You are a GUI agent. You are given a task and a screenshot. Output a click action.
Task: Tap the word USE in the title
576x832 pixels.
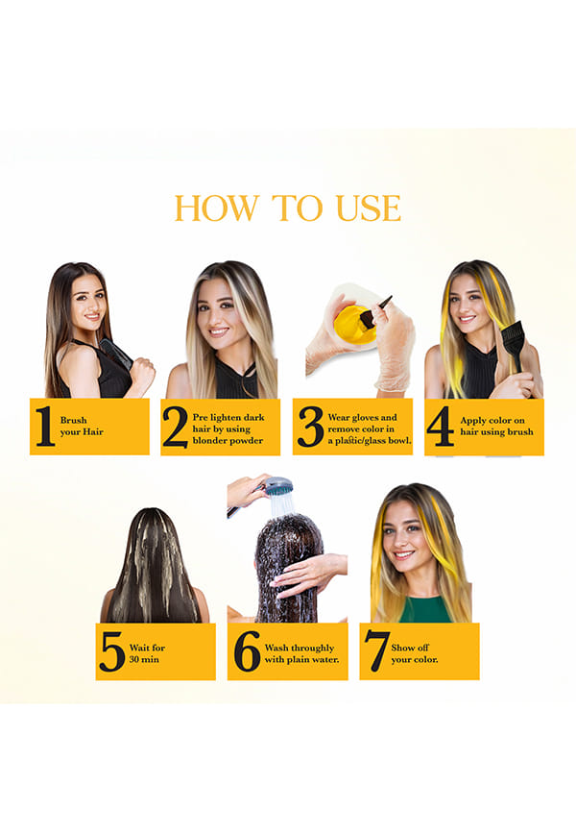click(x=368, y=208)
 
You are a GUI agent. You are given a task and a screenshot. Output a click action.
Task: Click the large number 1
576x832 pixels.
click(x=44, y=426)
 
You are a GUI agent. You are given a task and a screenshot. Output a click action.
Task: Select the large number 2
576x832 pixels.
click(x=175, y=428)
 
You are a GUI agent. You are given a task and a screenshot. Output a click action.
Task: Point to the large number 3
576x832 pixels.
click(x=310, y=427)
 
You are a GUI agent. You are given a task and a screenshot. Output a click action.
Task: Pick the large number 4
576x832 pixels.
click(x=441, y=426)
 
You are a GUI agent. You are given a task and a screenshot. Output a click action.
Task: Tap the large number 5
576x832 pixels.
click(x=112, y=651)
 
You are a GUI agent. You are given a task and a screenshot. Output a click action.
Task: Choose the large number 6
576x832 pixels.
click(x=247, y=651)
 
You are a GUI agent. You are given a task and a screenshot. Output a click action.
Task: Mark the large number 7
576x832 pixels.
click(x=376, y=651)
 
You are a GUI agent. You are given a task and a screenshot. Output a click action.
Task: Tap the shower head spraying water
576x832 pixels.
click(x=279, y=485)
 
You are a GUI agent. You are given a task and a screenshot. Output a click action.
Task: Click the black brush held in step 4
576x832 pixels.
click(x=514, y=343)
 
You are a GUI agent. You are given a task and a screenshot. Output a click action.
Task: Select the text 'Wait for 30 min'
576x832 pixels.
click(x=147, y=653)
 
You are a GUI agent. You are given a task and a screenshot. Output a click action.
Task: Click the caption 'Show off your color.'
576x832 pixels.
click(x=414, y=653)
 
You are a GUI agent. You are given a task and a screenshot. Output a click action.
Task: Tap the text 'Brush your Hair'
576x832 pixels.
click(x=82, y=426)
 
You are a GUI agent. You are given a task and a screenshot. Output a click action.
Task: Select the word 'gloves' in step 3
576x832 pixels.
click(x=363, y=418)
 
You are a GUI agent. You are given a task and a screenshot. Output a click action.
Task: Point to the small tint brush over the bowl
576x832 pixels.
click(x=375, y=311)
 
